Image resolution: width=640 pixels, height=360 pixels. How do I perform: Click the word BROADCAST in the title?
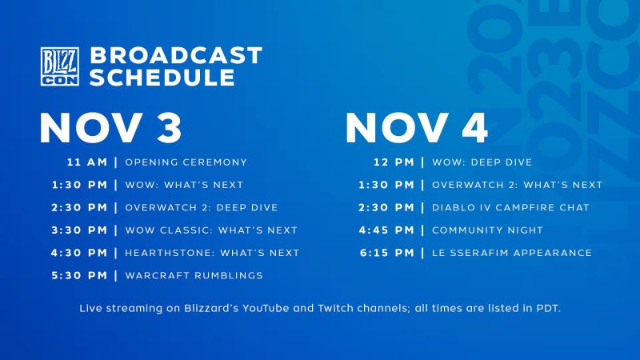coord(175,55)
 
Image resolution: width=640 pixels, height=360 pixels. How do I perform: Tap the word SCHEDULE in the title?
coord(162,77)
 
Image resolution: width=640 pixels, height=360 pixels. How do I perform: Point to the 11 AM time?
coord(86,162)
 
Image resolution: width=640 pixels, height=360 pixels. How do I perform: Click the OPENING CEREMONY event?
coord(186,162)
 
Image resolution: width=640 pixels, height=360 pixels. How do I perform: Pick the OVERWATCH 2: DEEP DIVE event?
coord(202,207)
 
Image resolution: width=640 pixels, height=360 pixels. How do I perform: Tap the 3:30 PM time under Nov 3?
coord(76,230)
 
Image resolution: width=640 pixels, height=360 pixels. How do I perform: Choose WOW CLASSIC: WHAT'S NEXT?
coord(211,230)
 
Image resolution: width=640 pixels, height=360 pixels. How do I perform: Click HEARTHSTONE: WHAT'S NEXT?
coord(212,253)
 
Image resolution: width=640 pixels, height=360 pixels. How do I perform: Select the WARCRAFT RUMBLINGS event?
coord(194,276)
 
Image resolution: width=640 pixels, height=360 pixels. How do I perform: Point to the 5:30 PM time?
coord(76,276)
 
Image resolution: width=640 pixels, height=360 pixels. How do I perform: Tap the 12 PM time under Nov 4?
coord(394,162)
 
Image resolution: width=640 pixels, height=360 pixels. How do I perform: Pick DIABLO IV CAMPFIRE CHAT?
coord(510,207)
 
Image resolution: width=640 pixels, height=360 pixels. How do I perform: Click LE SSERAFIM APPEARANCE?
coord(512,253)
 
